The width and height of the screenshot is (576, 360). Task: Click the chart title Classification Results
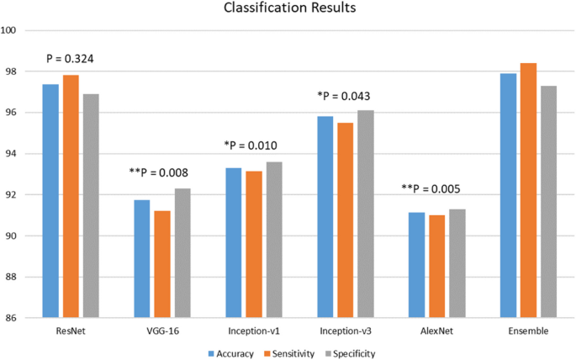pyautogui.click(x=288, y=10)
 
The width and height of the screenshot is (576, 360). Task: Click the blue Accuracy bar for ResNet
pyautogui.click(x=50, y=201)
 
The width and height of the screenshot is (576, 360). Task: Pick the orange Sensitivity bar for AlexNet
pyautogui.click(x=437, y=267)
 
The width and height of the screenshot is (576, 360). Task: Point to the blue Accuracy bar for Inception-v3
pyautogui.click(x=325, y=217)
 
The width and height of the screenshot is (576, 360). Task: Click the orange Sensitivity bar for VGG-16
pyautogui.click(x=162, y=264)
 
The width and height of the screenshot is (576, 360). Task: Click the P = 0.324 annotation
pyautogui.click(x=71, y=59)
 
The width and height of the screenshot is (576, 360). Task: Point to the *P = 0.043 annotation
pyautogui.click(x=344, y=96)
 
